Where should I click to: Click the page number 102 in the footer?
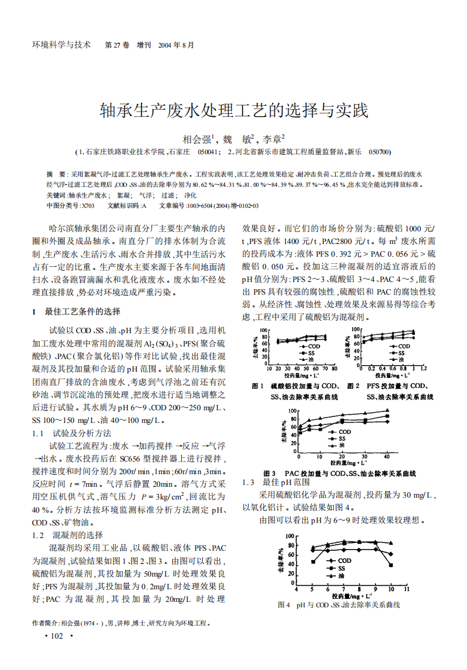(57, 636)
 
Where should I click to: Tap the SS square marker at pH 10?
(391, 565)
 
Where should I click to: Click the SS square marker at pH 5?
(313, 562)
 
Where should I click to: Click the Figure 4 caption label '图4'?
(284, 605)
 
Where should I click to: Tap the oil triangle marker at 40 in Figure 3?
(387, 411)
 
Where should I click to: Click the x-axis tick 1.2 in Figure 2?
(424, 368)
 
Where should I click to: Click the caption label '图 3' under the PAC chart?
(269, 473)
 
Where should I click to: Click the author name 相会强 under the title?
(197, 138)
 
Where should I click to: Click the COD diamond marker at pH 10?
(391, 554)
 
